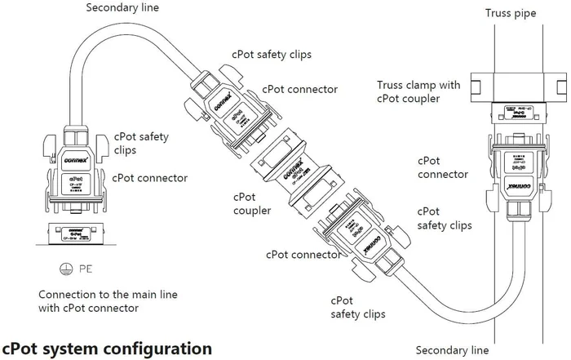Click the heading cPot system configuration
pyautogui.click(x=107, y=347)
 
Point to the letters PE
pyautogui.click(x=84, y=267)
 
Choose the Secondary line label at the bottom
pyautogui.click(x=452, y=350)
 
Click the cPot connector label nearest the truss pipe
pyautogui.click(x=442, y=167)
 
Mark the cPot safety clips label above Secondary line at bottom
pyautogui.click(x=357, y=306)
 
